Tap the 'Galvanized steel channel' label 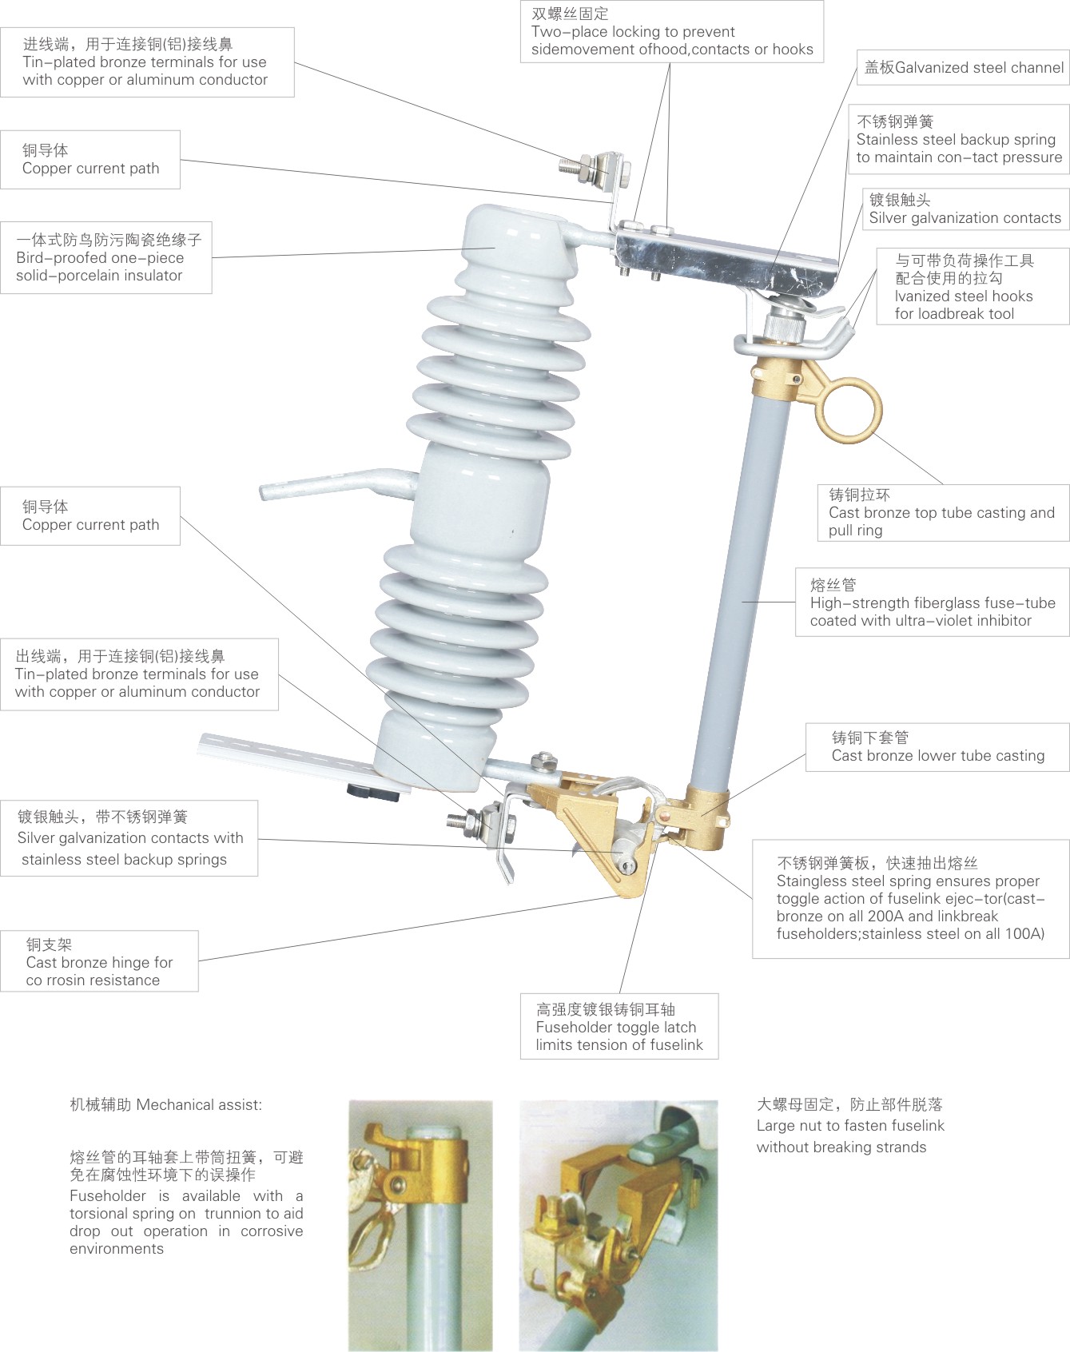tap(963, 68)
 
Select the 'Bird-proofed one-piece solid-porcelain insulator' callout tap(106, 257)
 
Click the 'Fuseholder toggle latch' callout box tap(619, 1027)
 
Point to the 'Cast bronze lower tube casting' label tap(937, 747)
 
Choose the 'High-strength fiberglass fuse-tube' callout tap(933, 602)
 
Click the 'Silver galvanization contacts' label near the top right tap(965, 209)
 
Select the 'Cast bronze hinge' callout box tap(99, 961)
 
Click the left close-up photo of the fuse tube tap(420, 1226)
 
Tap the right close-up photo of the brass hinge tap(619, 1226)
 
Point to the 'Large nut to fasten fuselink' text tap(850, 1126)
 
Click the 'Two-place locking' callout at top tap(672, 31)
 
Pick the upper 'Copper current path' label tap(90, 160)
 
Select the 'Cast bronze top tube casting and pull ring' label tap(944, 513)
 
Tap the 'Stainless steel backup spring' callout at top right tap(958, 139)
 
